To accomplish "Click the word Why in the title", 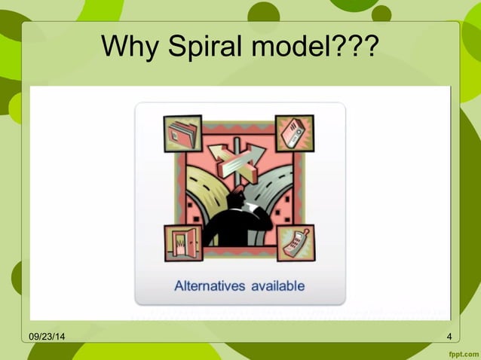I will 126,47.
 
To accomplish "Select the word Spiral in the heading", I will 199,47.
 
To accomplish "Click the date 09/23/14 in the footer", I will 46,336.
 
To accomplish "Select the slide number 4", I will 449,336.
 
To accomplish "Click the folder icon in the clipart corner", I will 183,134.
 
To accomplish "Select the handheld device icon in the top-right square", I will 293,133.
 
